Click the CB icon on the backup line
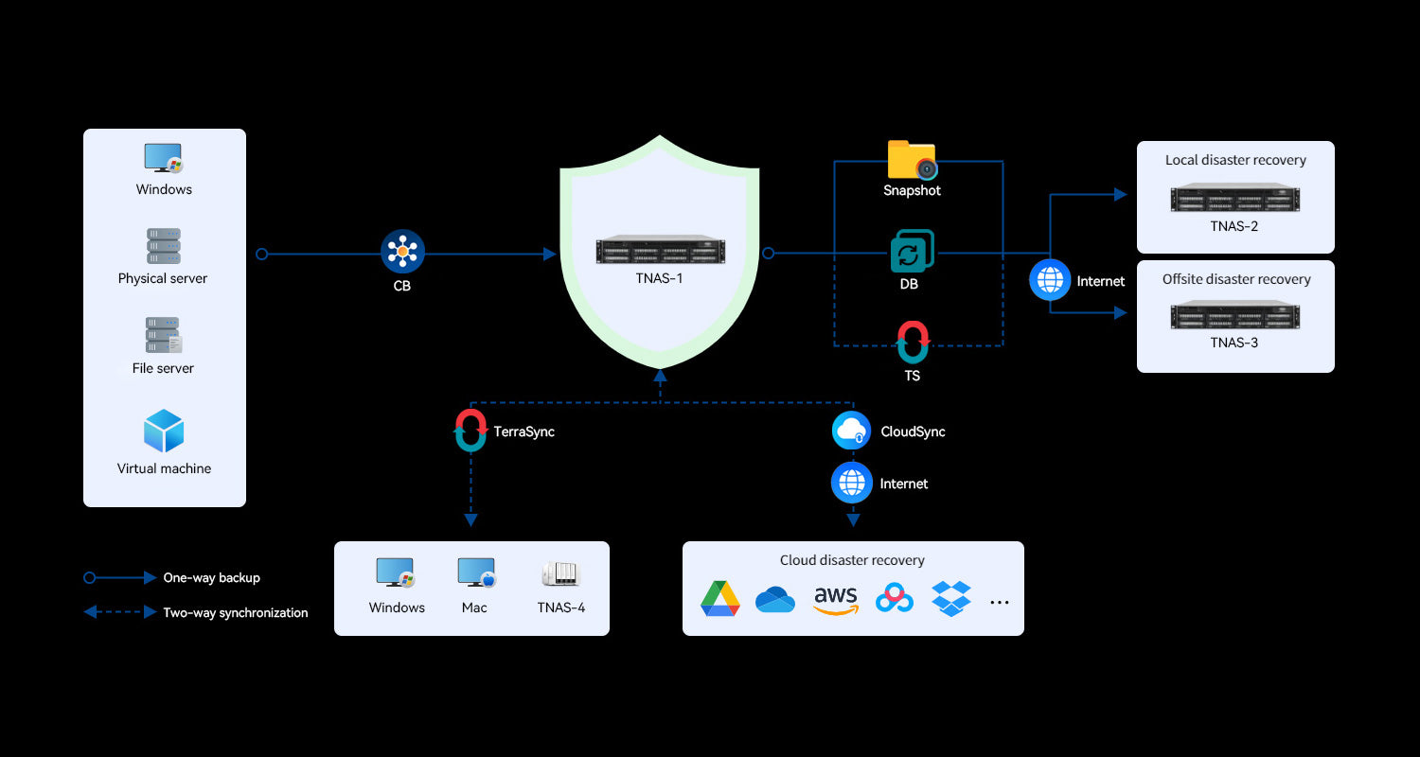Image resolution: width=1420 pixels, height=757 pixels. click(x=402, y=252)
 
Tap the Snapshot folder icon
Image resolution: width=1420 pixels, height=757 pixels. click(x=912, y=159)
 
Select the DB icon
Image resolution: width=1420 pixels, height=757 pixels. click(x=912, y=252)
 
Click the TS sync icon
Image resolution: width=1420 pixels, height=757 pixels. click(x=913, y=343)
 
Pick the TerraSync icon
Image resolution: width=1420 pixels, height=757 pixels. click(x=470, y=431)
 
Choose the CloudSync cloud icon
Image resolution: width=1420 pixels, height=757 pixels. click(x=851, y=431)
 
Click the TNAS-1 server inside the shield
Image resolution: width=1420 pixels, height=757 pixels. click(x=660, y=250)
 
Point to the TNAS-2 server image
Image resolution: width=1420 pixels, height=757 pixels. click(x=1234, y=199)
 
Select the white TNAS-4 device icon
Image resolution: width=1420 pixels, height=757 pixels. click(x=560, y=573)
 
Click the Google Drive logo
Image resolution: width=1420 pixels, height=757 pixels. click(x=720, y=599)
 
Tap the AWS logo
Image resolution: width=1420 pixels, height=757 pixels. click(x=835, y=600)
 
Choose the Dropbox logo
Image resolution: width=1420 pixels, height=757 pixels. click(x=951, y=599)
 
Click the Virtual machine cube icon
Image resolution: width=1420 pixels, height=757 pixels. click(x=164, y=431)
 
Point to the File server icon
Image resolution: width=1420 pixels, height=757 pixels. click(x=164, y=335)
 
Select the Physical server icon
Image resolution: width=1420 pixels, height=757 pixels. click(x=163, y=246)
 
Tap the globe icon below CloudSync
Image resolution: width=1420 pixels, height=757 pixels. click(x=851, y=483)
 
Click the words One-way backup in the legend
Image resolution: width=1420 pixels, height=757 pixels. click(x=211, y=577)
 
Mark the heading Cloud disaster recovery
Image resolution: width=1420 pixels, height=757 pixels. click(x=852, y=560)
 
